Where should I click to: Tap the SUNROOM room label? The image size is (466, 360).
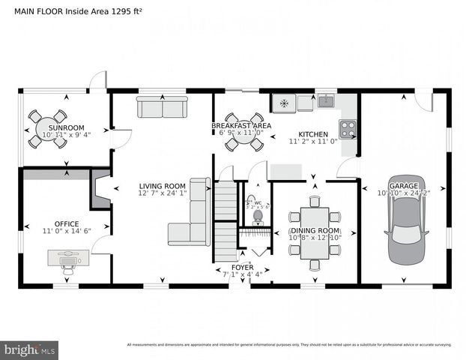(67, 127)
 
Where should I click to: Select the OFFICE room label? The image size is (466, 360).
(66, 223)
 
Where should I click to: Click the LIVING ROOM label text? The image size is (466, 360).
(162, 186)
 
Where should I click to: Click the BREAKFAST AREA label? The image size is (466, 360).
(240, 125)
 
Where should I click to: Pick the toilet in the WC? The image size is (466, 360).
(258, 216)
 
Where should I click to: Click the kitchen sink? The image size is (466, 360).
(326, 100)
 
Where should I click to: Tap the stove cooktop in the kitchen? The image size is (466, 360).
(348, 128)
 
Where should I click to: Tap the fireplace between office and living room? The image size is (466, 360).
(100, 189)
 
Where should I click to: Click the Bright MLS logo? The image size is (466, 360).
(30, 349)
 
